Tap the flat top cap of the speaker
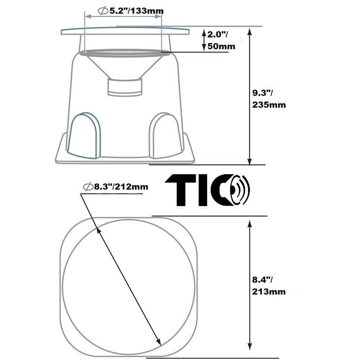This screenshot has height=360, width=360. coord(125,31)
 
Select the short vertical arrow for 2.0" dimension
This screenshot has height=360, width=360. coord(204,40)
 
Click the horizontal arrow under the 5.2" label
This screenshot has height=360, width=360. coord(123,17)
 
